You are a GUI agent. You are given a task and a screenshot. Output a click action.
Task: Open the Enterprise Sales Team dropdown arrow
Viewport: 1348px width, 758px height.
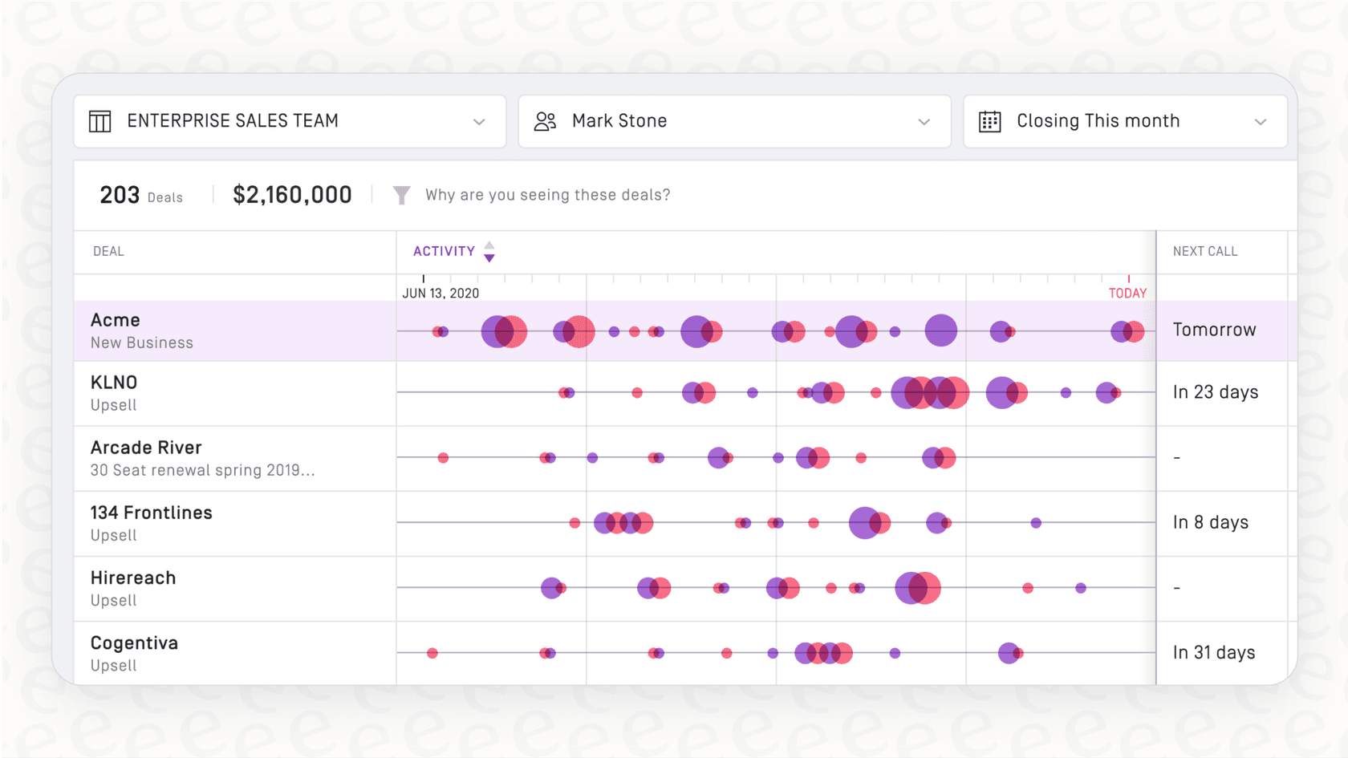coord(479,122)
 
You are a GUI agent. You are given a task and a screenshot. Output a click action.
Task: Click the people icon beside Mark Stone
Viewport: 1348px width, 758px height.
coord(546,121)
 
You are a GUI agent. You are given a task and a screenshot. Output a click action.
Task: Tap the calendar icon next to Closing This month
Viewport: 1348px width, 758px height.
coord(989,121)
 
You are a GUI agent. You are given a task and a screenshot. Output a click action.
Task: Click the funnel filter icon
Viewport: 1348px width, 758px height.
coord(402,195)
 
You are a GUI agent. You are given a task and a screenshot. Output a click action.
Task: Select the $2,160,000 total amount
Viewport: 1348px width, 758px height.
coord(292,195)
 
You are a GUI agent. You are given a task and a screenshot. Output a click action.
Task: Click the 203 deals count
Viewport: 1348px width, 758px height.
coord(120,195)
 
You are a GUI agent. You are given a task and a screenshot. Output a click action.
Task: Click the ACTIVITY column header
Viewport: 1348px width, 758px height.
coord(444,251)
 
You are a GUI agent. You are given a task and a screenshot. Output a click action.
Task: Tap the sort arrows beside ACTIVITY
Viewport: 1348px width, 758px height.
coord(489,252)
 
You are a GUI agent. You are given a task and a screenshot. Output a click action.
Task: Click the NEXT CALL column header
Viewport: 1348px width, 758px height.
coord(1205,251)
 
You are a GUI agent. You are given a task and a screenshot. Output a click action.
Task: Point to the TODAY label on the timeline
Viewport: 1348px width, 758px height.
coord(1127,294)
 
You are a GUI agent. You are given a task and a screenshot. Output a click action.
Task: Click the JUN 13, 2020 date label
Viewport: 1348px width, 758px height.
coord(441,294)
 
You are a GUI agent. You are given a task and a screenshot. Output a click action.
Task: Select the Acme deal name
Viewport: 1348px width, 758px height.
coord(116,320)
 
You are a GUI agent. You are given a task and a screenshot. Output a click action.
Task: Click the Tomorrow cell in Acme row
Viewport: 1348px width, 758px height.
coord(1214,330)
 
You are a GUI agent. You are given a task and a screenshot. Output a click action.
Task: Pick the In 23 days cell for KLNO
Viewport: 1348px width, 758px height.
coord(1215,392)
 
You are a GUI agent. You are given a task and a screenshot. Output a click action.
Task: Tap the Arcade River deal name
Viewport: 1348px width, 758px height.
coord(146,448)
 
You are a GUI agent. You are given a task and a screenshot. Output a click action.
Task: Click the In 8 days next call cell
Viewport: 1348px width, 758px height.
coord(1210,522)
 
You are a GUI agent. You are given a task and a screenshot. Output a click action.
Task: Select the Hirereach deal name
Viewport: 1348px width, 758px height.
coord(133,578)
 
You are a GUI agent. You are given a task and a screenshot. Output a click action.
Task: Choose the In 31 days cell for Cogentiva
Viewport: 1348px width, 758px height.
coord(1213,653)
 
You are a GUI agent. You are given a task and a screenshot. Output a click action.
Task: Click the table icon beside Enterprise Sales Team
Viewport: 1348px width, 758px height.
coord(100,121)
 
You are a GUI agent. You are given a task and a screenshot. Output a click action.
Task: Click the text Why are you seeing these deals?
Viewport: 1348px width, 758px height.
coord(547,195)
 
